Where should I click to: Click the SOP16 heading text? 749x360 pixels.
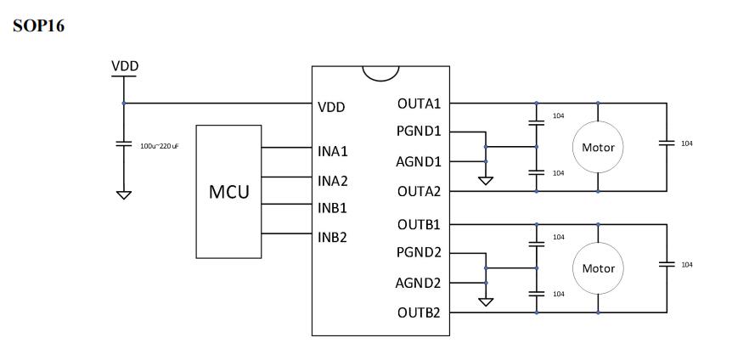(x=39, y=26)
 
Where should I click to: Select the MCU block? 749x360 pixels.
(x=229, y=191)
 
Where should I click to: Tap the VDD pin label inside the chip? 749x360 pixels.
(x=330, y=108)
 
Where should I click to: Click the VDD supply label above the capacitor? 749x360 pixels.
(x=124, y=66)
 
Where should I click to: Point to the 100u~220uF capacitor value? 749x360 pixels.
(x=159, y=146)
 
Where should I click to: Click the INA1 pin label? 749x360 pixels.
(x=333, y=152)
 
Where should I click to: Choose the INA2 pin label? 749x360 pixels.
(x=333, y=181)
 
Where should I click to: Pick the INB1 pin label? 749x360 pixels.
(x=333, y=208)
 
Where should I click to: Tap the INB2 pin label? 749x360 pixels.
(x=333, y=237)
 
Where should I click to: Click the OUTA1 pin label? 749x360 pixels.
(x=419, y=104)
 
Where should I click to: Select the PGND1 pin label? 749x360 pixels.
(x=419, y=132)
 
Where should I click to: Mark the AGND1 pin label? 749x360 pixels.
(x=419, y=161)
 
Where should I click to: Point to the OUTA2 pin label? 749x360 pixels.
(x=419, y=191)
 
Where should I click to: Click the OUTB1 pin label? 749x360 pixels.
(x=419, y=225)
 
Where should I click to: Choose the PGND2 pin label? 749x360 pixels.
(x=419, y=253)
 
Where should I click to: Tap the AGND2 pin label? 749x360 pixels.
(x=419, y=283)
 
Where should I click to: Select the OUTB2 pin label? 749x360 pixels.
(x=419, y=312)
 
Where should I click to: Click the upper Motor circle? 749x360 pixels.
(x=598, y=148)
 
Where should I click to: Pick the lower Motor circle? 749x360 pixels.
(x=598, y=268)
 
